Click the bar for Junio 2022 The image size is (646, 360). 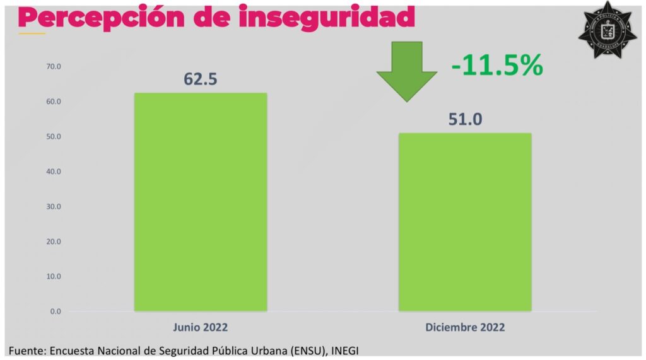(201, 202)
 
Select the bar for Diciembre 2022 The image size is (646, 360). (464, 222)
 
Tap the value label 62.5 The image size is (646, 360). (201, 79)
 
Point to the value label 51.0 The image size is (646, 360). (465, 119)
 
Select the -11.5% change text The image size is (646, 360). (496, 66)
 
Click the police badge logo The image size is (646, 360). (608, 30)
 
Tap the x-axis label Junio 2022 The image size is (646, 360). (201, 328)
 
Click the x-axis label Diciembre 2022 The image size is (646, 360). (465, 328)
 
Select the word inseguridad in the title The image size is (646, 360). (327, 17)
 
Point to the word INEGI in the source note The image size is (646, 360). (352, 350)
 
